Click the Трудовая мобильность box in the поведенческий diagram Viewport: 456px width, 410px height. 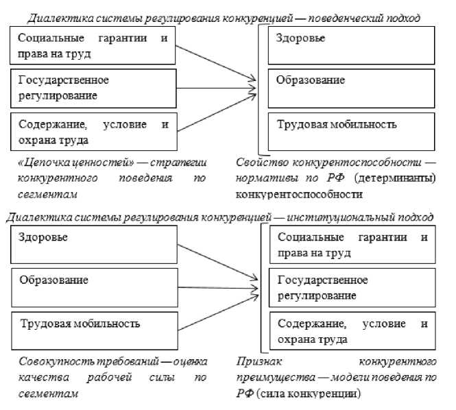(x=351, y=132)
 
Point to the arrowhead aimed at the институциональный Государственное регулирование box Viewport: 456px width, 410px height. (x=256, y=280)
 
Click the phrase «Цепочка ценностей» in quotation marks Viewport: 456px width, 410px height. (x=60, y=163)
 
